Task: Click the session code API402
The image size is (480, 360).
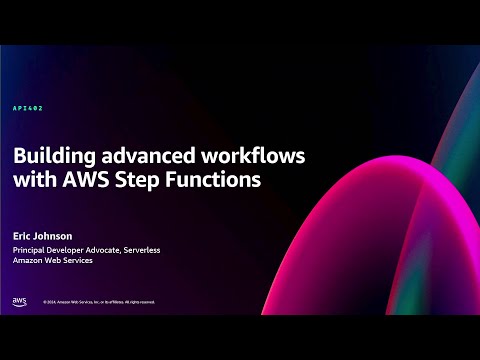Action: click(27, 107)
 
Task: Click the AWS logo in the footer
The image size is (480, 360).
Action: click(20, 301)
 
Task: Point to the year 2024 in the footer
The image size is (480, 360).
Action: click(52, 302)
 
